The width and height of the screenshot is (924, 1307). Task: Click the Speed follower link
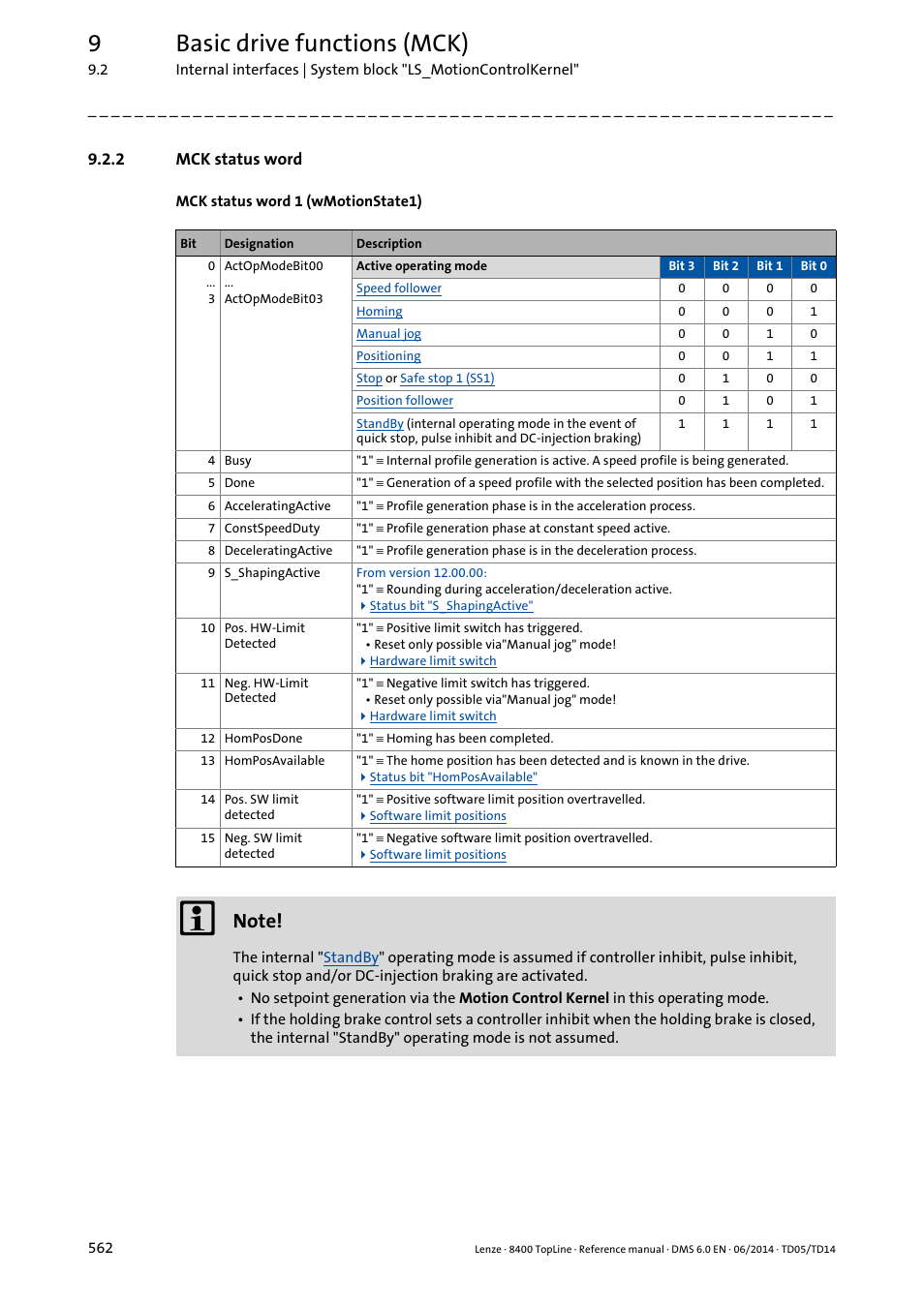[398, 289]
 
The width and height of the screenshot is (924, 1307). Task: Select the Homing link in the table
[379, 312]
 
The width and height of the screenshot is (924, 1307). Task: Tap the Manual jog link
[388, 334]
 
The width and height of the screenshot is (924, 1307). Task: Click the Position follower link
[404, 401]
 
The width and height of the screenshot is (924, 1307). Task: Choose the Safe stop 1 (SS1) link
[447, 379]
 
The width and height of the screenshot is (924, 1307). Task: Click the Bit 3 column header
[681, 266]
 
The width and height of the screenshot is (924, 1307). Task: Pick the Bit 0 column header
[813, 266]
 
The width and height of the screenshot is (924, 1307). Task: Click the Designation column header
[259, 244]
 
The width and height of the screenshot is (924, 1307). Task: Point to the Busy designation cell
[238, 461]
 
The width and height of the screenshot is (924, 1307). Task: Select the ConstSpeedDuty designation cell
[272, 529]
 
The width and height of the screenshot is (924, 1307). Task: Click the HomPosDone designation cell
[263, 739]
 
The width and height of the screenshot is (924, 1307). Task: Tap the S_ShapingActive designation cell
[272, 573]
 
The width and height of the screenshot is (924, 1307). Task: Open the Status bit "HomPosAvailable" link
[452, 777]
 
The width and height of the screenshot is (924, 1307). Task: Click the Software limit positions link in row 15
[437, 855]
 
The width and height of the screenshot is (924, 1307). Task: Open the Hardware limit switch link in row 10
[432, 661]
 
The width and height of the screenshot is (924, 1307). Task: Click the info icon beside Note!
[198, 918]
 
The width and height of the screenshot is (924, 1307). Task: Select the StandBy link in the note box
[351, 957]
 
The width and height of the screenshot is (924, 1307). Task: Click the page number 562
[101, 1248]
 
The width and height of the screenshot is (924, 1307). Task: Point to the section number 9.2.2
[106, 160]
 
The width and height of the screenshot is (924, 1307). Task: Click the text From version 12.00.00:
[421, 573]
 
